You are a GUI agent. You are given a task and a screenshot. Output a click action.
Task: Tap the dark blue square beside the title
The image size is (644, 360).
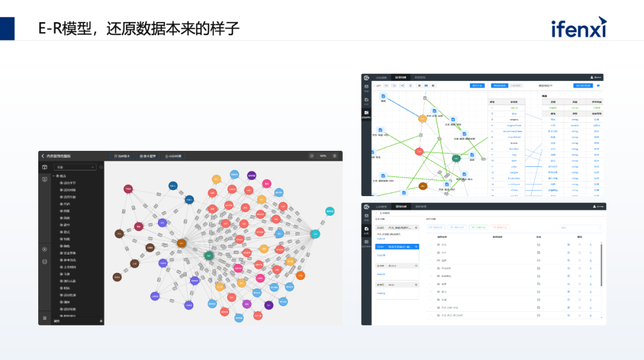[7, 28]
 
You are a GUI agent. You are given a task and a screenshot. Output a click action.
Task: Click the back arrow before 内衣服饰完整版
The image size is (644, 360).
[43, 156]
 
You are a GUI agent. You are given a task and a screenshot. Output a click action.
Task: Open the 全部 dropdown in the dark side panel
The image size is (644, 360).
[75, 167]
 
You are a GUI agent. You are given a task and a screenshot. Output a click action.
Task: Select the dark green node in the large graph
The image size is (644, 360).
[209, 256]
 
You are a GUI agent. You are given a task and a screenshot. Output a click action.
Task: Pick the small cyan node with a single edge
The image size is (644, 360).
[330, 211]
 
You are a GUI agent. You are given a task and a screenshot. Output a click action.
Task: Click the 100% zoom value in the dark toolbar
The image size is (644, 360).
[323, 156]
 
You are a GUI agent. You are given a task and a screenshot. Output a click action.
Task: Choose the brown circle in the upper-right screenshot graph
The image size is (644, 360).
[423, 186]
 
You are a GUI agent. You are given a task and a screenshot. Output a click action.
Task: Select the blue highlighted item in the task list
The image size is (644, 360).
[397, 246]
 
